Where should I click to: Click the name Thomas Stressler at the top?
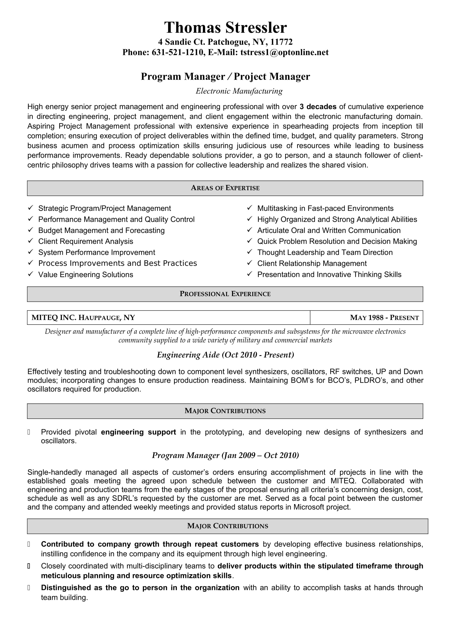click(225, 28)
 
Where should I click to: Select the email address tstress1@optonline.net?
click(284, 52)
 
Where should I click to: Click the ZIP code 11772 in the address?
click(281, 42)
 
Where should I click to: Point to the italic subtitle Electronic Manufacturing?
click(239, 91)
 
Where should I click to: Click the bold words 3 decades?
click(318, 107)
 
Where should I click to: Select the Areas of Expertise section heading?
click(225, 188)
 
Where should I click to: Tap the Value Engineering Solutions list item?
click(86, 275)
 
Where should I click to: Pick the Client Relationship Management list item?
click(312, 263)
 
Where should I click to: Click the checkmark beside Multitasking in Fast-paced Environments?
click(250, 208)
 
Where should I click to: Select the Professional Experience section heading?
click(225, 294)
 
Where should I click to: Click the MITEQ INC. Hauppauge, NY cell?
click(83, 317)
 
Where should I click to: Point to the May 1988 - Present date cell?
click(384, 317)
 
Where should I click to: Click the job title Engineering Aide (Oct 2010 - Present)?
click(225, 355)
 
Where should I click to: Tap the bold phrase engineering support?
click(138, 432)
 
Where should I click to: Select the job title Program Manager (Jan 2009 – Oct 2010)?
click(225, 455)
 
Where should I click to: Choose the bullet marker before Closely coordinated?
click(29, 566)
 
